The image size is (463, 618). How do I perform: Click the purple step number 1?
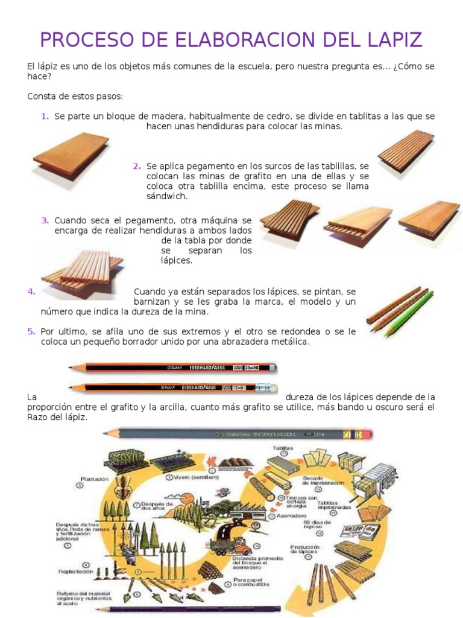45,116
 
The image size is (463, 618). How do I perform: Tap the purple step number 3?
45,220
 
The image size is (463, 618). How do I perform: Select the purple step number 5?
31,331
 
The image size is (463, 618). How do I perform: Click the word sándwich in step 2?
167,196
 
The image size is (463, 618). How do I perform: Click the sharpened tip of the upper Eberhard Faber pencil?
72,368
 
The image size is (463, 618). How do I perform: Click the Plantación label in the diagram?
94,479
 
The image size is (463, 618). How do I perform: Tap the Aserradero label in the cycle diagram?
291,516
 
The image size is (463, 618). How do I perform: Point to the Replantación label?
76,571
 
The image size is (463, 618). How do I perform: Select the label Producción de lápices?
304,549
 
